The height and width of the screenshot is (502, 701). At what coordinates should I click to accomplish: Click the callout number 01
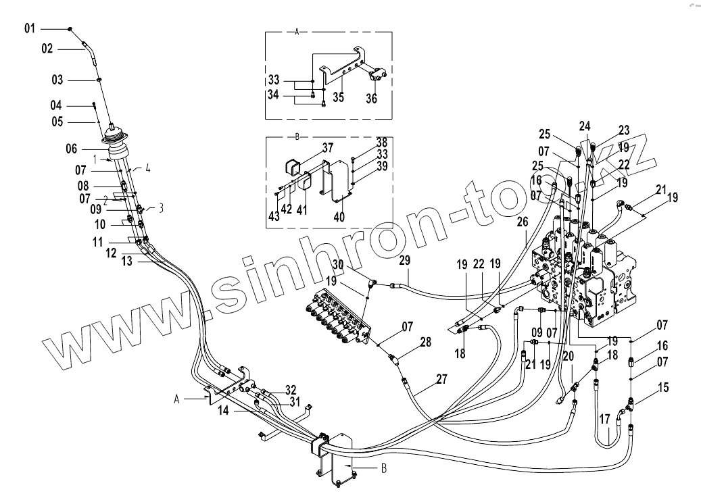click(x=29, y=28)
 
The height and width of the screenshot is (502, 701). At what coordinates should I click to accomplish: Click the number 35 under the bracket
click(x=339, y=97)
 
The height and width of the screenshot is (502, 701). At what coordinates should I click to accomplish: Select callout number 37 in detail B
click(x=327, y=148)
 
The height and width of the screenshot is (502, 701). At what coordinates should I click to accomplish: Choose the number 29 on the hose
click(x=404, y=260)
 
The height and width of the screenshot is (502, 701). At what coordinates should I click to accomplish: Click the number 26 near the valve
click(x=522, y=220)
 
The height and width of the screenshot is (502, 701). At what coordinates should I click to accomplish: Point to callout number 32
click(x=290, y=389)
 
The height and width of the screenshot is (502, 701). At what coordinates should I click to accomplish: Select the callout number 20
click(x=568, y=355)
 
